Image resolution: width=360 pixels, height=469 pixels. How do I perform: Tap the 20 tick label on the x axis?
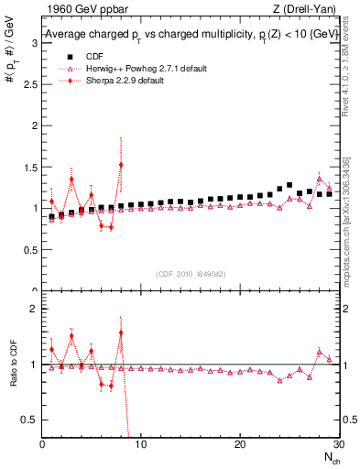[240, 444]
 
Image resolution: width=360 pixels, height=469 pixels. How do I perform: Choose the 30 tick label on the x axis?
[337, 444]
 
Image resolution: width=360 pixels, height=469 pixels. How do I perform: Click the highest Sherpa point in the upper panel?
[121, 165]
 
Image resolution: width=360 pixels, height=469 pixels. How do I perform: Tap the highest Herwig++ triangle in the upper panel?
[319, 179]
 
